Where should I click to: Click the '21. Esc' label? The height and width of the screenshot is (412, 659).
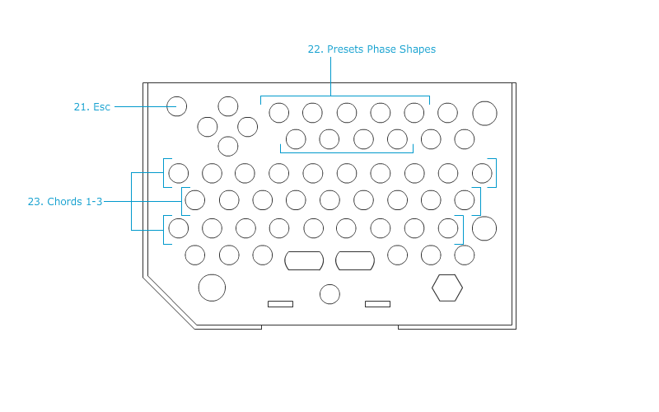click(x=92, y=107)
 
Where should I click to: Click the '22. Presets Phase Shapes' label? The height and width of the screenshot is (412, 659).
click(x=372, y=49)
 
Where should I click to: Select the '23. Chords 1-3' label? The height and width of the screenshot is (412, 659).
click(x=65, y=202)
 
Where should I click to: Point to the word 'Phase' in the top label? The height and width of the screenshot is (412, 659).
click(x=381, y=49)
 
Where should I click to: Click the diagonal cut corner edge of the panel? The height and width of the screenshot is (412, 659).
click(x=169, y=302)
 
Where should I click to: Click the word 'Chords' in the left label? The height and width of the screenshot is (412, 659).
click(x=65, y=202)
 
